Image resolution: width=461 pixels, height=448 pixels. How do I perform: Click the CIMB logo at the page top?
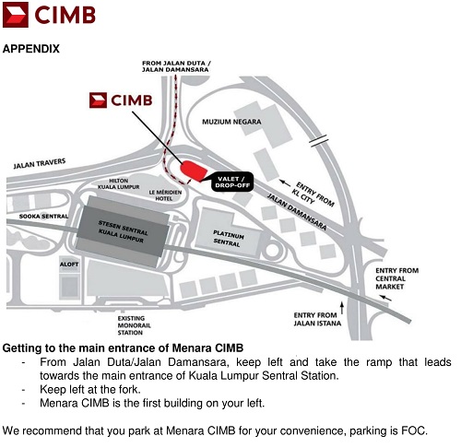49,15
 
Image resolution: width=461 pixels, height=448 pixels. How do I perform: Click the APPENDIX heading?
31,49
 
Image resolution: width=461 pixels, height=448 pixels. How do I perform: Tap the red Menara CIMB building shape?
194,171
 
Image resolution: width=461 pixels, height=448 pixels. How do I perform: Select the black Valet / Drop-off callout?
232,182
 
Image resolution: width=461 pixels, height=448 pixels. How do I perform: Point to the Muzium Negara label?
231,122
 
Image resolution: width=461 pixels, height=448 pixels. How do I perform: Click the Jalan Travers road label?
40,163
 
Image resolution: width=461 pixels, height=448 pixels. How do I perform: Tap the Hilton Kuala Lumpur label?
119,183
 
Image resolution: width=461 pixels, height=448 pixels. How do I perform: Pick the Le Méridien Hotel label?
165,195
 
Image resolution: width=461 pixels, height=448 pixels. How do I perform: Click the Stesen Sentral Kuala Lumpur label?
123,231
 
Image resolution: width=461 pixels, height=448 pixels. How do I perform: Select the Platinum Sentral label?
228,239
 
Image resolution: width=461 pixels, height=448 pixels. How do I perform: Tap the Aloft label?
69,265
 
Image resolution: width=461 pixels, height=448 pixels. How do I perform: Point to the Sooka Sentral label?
43,217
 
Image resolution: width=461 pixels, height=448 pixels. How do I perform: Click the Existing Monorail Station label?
135,325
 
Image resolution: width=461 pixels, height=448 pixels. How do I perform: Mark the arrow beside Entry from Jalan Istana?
342,308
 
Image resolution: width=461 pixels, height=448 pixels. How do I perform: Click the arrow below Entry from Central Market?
385,298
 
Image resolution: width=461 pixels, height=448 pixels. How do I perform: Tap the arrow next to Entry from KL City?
285,183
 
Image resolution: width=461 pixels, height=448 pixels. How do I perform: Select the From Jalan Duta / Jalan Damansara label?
176,66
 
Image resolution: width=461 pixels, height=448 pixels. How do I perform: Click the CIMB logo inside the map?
121,100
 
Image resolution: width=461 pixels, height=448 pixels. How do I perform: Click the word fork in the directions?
129,389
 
